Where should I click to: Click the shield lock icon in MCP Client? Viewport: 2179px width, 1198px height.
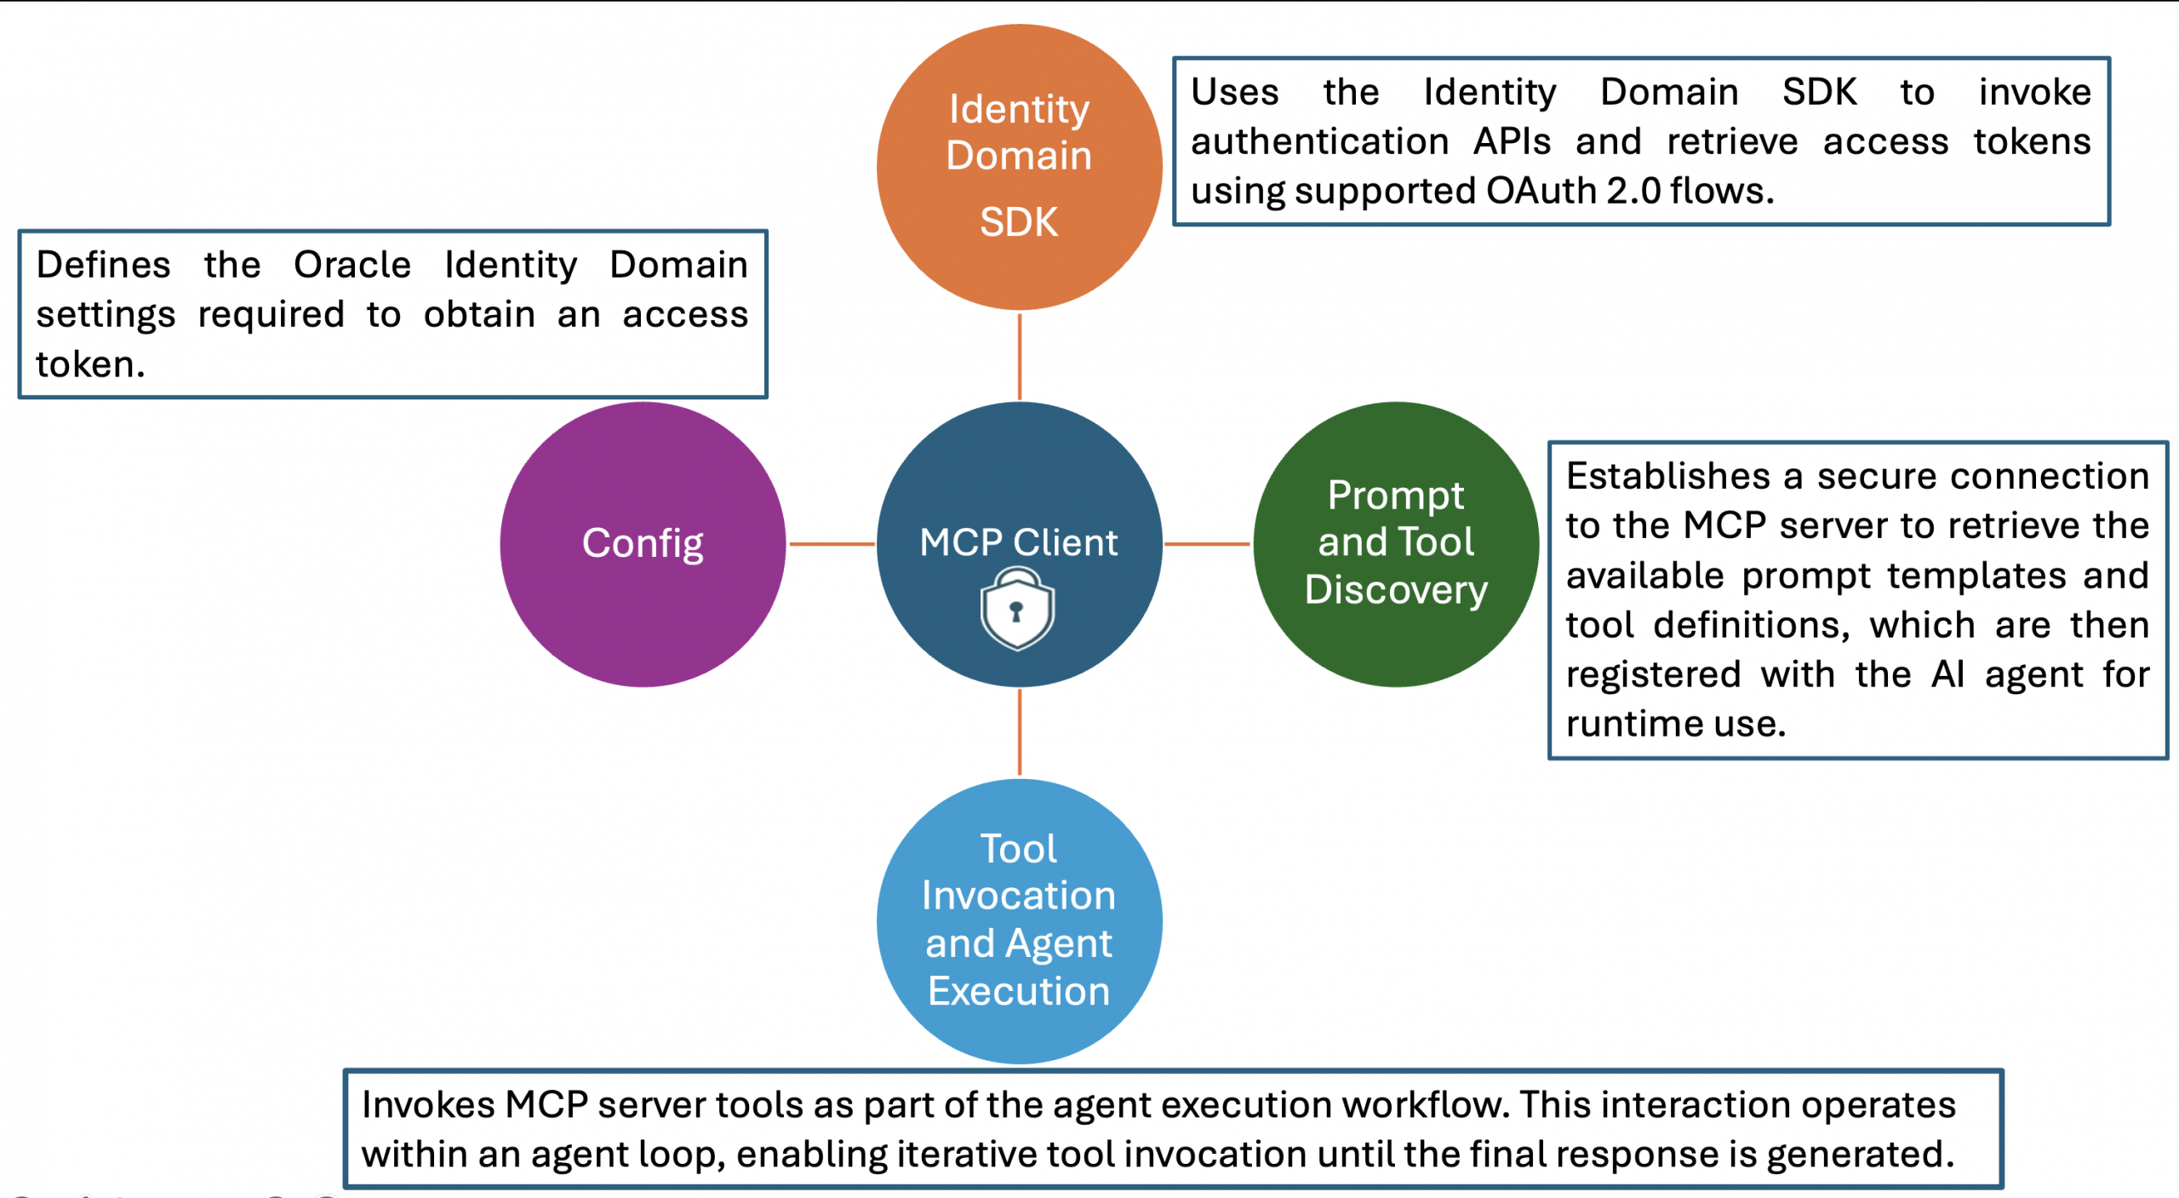(1017, 610)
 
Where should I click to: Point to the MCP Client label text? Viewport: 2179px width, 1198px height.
(1018, 542)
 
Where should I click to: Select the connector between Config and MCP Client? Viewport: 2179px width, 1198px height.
(831, 543)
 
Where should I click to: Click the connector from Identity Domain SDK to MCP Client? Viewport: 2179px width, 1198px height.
(1019, 356)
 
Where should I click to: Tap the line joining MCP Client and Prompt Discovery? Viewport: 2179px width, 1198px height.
(1207, 543)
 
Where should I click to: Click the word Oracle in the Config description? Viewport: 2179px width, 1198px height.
(352, 265)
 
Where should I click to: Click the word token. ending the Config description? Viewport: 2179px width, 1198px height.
(90, 364)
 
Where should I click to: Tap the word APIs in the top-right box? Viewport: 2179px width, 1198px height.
(1512, 141)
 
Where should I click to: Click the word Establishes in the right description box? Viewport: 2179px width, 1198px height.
(1667, 476)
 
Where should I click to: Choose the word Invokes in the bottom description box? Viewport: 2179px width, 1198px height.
(428, 1105)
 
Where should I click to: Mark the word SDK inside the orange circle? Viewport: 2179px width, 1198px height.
(1019, 222)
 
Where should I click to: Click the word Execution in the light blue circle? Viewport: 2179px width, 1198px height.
(1019, 992)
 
